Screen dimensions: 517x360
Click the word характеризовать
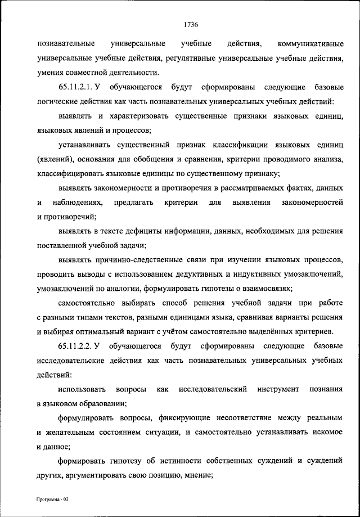143,116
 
